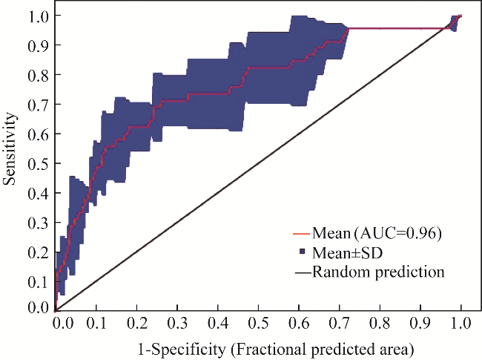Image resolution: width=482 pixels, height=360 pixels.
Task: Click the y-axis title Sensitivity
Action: (11, 148)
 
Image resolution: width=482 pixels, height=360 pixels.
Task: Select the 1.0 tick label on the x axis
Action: (461, 324)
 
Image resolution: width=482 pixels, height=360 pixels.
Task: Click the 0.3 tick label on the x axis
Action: (176, 324)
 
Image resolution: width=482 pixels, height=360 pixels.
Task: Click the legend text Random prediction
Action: (378, 272)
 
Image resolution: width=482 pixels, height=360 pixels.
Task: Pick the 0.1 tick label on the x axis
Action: (95, 324)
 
